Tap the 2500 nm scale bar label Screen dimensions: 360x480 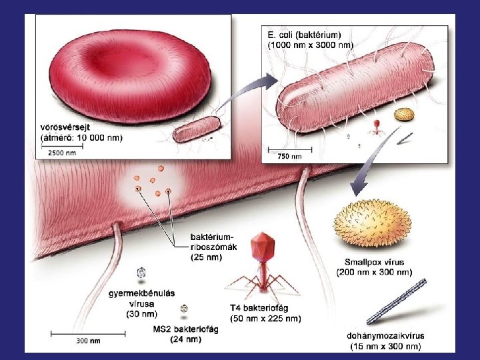coord(61,153)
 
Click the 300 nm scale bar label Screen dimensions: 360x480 coord(88,341)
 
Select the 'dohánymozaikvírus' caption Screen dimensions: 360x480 coord(386,336)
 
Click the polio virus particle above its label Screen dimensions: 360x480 coord(141,272)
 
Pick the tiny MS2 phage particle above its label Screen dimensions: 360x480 coord(184,309)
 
